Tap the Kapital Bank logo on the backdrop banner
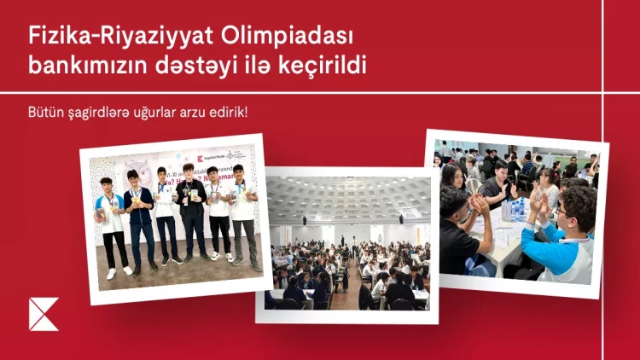[210, 159]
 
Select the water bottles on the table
[515, 207]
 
